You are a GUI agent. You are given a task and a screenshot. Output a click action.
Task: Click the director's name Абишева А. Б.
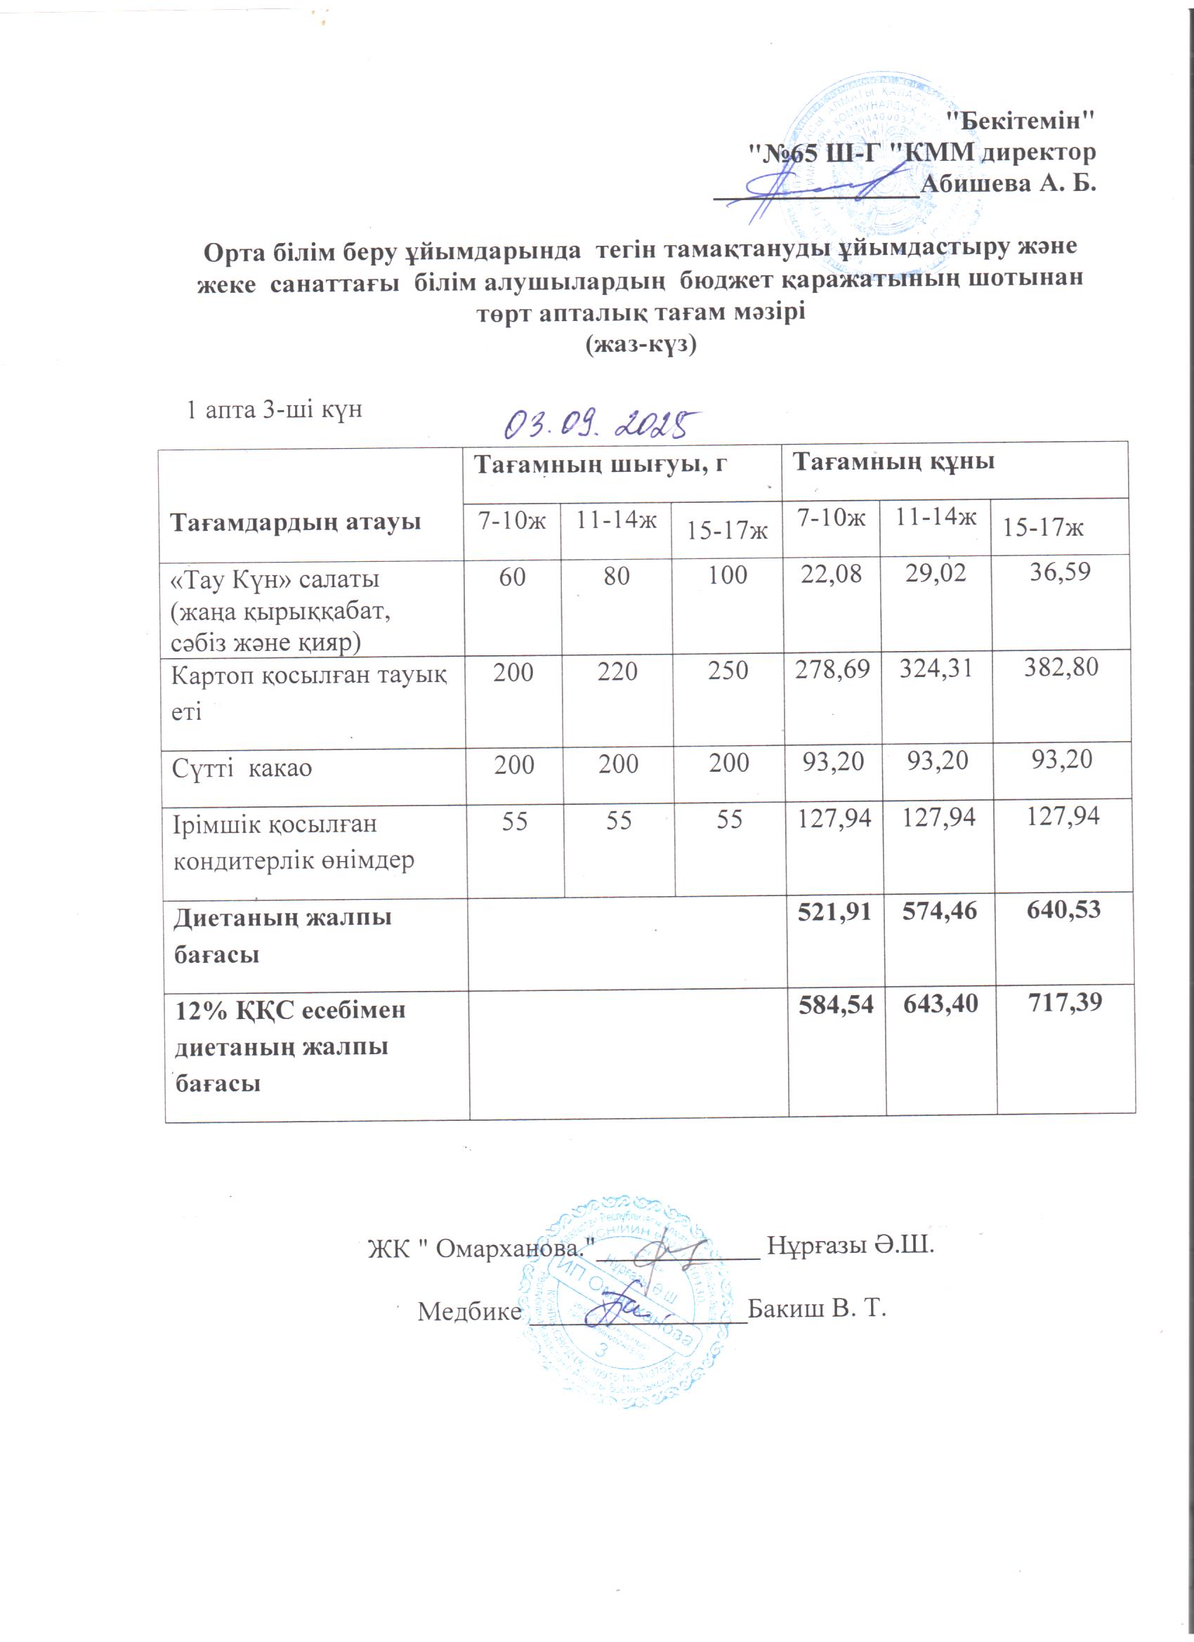[x=1008, y=184]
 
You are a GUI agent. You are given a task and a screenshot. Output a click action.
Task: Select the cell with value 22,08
[x=832, y=574]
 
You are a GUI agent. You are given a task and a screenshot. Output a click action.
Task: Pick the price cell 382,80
[x=1061, y=666]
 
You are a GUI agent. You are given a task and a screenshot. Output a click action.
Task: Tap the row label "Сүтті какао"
[x=242, y=768]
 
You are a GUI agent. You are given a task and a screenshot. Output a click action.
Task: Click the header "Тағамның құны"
[x=893, y=461]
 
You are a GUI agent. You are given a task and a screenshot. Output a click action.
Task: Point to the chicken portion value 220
[x=617, y=671]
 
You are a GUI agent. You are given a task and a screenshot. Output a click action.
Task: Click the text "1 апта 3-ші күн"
[x=275, y=409]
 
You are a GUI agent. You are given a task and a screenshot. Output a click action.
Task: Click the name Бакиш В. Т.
[x=817, y=1309]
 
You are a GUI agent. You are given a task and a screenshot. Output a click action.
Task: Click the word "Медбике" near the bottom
[x=469, y=1311]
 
